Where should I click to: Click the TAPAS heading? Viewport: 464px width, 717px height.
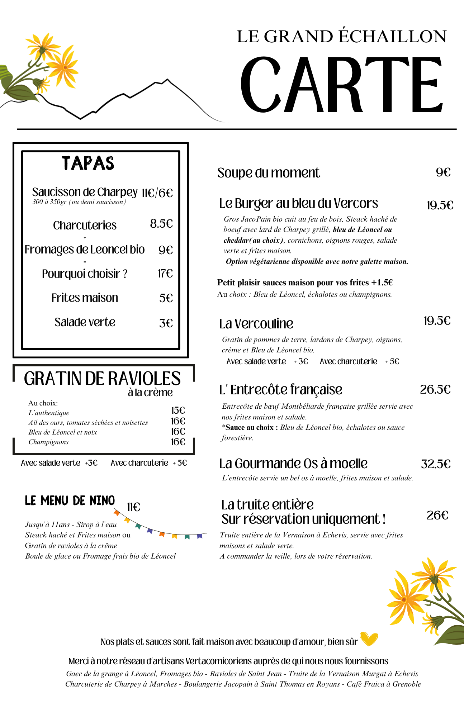pos(88,163)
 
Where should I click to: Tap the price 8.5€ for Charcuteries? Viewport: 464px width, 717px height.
pos(161,224)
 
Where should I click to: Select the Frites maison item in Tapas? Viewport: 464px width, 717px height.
pos(85,298)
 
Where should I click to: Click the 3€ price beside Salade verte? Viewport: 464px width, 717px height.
pos(166,323)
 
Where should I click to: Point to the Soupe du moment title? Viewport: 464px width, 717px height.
pos(269,173)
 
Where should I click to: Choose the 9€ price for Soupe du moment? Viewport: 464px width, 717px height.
pos(443,172)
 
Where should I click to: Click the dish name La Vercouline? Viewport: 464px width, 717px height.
pos(256,324)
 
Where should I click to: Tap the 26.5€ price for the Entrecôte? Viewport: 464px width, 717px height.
pos(435,389)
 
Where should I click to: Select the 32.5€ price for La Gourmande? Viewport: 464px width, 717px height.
pos(436,464)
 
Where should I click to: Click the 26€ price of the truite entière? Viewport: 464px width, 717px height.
pos(437,515)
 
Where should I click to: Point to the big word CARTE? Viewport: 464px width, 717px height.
pos(341,85)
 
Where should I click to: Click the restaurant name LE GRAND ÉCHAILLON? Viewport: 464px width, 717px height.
pos(341,37)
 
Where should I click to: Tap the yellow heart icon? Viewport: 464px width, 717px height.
pos(369,639)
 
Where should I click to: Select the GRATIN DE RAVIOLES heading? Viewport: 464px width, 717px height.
pos(102,379)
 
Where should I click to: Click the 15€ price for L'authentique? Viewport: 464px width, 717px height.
pos(178,410)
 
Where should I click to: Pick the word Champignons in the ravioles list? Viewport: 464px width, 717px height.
pos(48,442)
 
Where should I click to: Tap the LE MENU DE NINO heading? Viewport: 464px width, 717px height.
pos(70,500)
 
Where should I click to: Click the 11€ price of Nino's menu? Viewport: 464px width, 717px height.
pos(133,507)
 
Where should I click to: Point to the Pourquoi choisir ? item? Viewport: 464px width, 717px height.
pos(85,274)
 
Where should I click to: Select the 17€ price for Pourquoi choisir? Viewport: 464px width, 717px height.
pos(165,274)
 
